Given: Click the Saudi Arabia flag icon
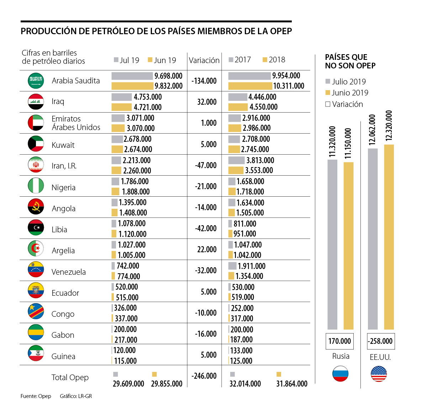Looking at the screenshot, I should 36,81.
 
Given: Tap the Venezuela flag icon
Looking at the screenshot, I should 36,270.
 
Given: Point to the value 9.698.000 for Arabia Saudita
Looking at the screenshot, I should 168,76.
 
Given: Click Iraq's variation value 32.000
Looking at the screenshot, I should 207,102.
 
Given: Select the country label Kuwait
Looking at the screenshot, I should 63,145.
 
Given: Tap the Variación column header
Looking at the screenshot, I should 204,60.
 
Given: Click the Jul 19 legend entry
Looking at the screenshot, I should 127,60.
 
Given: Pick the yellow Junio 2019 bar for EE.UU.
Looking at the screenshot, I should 389,237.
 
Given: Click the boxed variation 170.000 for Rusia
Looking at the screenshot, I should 339,341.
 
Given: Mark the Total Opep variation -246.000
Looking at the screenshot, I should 204,376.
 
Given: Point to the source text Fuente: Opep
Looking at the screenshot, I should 36,396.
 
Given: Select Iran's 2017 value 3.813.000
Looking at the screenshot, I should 260,160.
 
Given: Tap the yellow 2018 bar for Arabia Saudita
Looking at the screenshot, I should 250,86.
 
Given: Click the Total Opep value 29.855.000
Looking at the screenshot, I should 167,384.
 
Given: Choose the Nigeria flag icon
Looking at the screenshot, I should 36,186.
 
